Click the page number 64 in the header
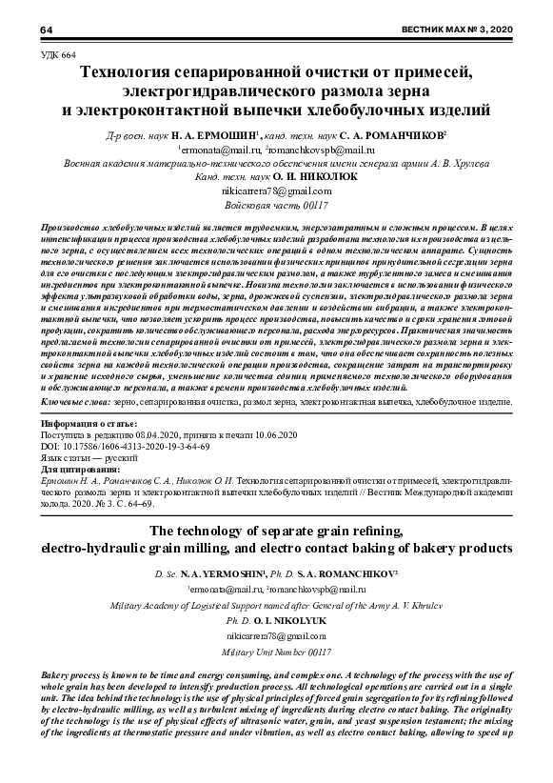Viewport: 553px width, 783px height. [x=46, y=32]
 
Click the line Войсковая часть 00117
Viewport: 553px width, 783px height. [x=276, y=205]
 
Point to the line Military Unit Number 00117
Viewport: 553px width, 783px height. [x=276, y=655]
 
